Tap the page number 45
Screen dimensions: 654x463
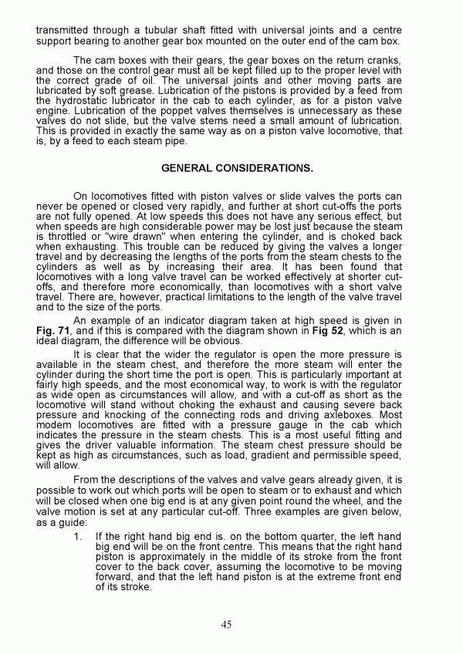coord(225,624)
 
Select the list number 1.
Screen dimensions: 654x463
coord(80,534)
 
